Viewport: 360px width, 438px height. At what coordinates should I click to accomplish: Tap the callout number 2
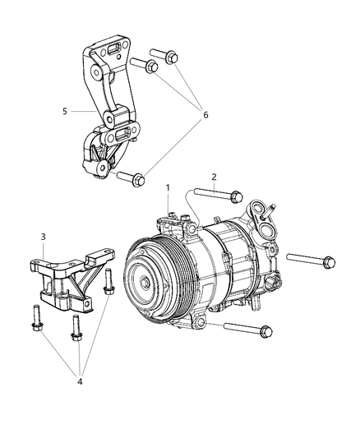point(214,177)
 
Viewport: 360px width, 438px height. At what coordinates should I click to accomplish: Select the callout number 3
point(43,237)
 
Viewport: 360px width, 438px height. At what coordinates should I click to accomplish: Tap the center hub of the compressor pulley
point(145,284)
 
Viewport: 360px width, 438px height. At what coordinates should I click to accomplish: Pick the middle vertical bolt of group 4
point(76,328)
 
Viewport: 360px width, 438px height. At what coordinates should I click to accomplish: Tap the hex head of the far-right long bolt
point(328,262)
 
